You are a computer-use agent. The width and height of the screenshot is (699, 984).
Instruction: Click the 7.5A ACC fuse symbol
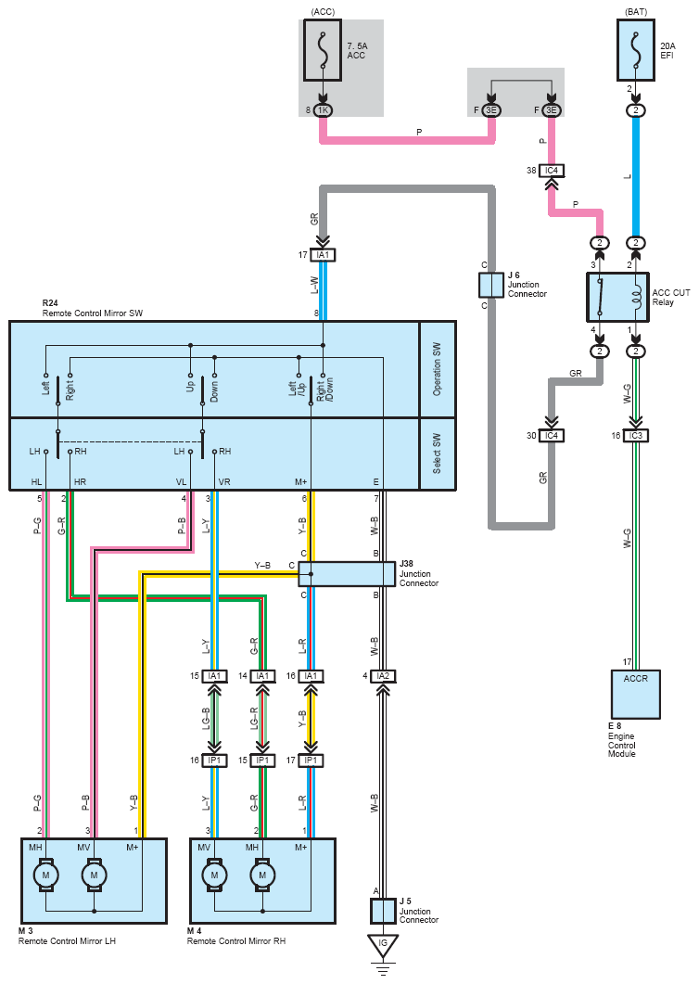click(323, 50)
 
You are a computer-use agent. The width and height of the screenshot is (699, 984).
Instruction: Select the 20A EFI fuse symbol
click(636, 50)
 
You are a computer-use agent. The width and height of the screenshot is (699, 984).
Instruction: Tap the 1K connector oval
click(323, 110)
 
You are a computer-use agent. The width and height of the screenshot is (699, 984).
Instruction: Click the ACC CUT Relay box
click(617, 297)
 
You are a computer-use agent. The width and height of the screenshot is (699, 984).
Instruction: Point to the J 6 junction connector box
click(491, 285)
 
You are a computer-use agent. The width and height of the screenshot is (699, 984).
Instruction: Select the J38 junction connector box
click(347, 573)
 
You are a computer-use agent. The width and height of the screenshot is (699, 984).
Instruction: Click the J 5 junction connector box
click(383, 912)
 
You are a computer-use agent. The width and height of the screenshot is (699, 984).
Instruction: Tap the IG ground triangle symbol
click(383, 945)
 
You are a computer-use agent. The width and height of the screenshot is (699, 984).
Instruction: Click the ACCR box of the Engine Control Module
click(636, 694)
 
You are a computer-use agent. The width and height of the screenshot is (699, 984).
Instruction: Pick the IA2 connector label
click(383, 676)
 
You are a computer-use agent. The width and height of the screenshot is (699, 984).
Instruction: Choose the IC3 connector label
click(636, 436)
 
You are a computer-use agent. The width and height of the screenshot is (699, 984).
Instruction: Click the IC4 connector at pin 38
click(552, 170)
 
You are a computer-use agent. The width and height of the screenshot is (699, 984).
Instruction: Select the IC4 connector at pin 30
click(552, 436)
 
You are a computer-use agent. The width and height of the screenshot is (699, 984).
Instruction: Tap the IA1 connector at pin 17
click(323, 255)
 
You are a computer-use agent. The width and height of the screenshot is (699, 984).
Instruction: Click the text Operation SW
click(438, 369)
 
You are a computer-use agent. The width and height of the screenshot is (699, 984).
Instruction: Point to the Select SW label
click(438, 454)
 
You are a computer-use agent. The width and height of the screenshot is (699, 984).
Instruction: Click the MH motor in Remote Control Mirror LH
click(45, 875)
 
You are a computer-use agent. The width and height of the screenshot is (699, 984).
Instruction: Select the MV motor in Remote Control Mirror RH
click(214, 875)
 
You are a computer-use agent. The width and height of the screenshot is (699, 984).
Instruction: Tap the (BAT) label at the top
click(636, 12)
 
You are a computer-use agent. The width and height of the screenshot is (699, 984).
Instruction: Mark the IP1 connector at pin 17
click(311, 760)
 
